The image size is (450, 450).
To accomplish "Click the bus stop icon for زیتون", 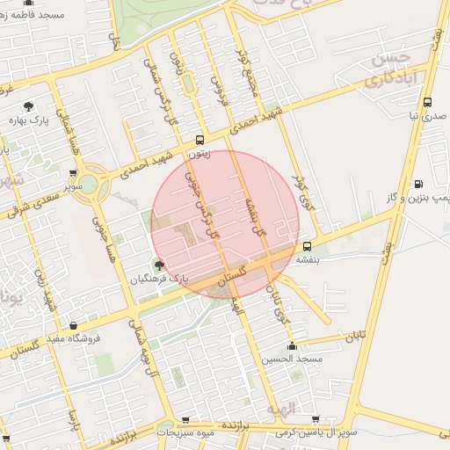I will [x=200, y=140].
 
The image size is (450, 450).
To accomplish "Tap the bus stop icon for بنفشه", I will [x=307, y=247].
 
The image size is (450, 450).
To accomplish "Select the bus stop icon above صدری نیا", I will [x=427, y=102].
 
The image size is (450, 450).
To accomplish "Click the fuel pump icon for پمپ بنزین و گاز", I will [x=417, y=184].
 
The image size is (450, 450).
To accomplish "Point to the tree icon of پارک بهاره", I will [x=31, y=105].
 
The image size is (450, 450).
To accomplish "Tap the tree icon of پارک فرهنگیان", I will [x=158, y=265].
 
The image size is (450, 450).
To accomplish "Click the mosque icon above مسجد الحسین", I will [x=292, y=346].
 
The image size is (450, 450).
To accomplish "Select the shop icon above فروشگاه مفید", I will [x=72, y=325].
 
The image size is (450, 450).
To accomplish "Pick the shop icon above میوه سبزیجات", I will [x=185, y=420].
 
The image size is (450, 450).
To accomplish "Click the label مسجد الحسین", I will [x=292, y=359].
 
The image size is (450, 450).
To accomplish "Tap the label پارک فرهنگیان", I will [x=160, y=279].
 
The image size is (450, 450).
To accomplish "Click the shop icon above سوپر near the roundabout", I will [x=73, y=173].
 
